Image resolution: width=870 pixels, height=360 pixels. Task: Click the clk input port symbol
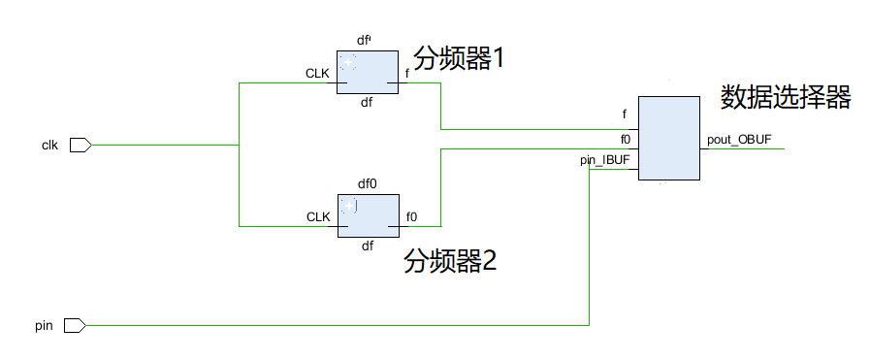coord(81,146)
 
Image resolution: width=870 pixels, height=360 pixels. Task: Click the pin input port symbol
coord(76,326)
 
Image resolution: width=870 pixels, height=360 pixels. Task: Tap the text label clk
coord(50,146)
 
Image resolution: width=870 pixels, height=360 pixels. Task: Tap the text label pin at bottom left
coord(43,326)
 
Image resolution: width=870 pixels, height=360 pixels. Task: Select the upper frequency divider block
coord(368,73)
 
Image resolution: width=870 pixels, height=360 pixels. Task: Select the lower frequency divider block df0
coord(368,215)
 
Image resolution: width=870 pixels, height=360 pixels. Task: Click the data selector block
coord(668,138)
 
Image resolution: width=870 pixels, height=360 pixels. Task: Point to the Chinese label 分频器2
coord(451,261)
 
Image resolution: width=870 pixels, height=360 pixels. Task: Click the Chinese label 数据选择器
coord(786,97)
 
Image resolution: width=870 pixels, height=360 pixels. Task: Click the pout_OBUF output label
coord(739,140)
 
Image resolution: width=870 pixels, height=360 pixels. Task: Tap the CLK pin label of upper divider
coord(318,74)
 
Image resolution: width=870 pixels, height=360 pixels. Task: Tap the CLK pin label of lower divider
coord(318,216)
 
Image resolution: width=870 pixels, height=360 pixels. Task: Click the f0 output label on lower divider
coord(411,216)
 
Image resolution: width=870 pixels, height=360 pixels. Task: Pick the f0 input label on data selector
coord(627,139)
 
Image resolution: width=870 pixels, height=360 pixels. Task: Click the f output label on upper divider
coord(406,74)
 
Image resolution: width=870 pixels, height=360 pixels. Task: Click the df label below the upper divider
coord(367,102)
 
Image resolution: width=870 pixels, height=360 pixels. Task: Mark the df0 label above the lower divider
coord(367,183)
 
